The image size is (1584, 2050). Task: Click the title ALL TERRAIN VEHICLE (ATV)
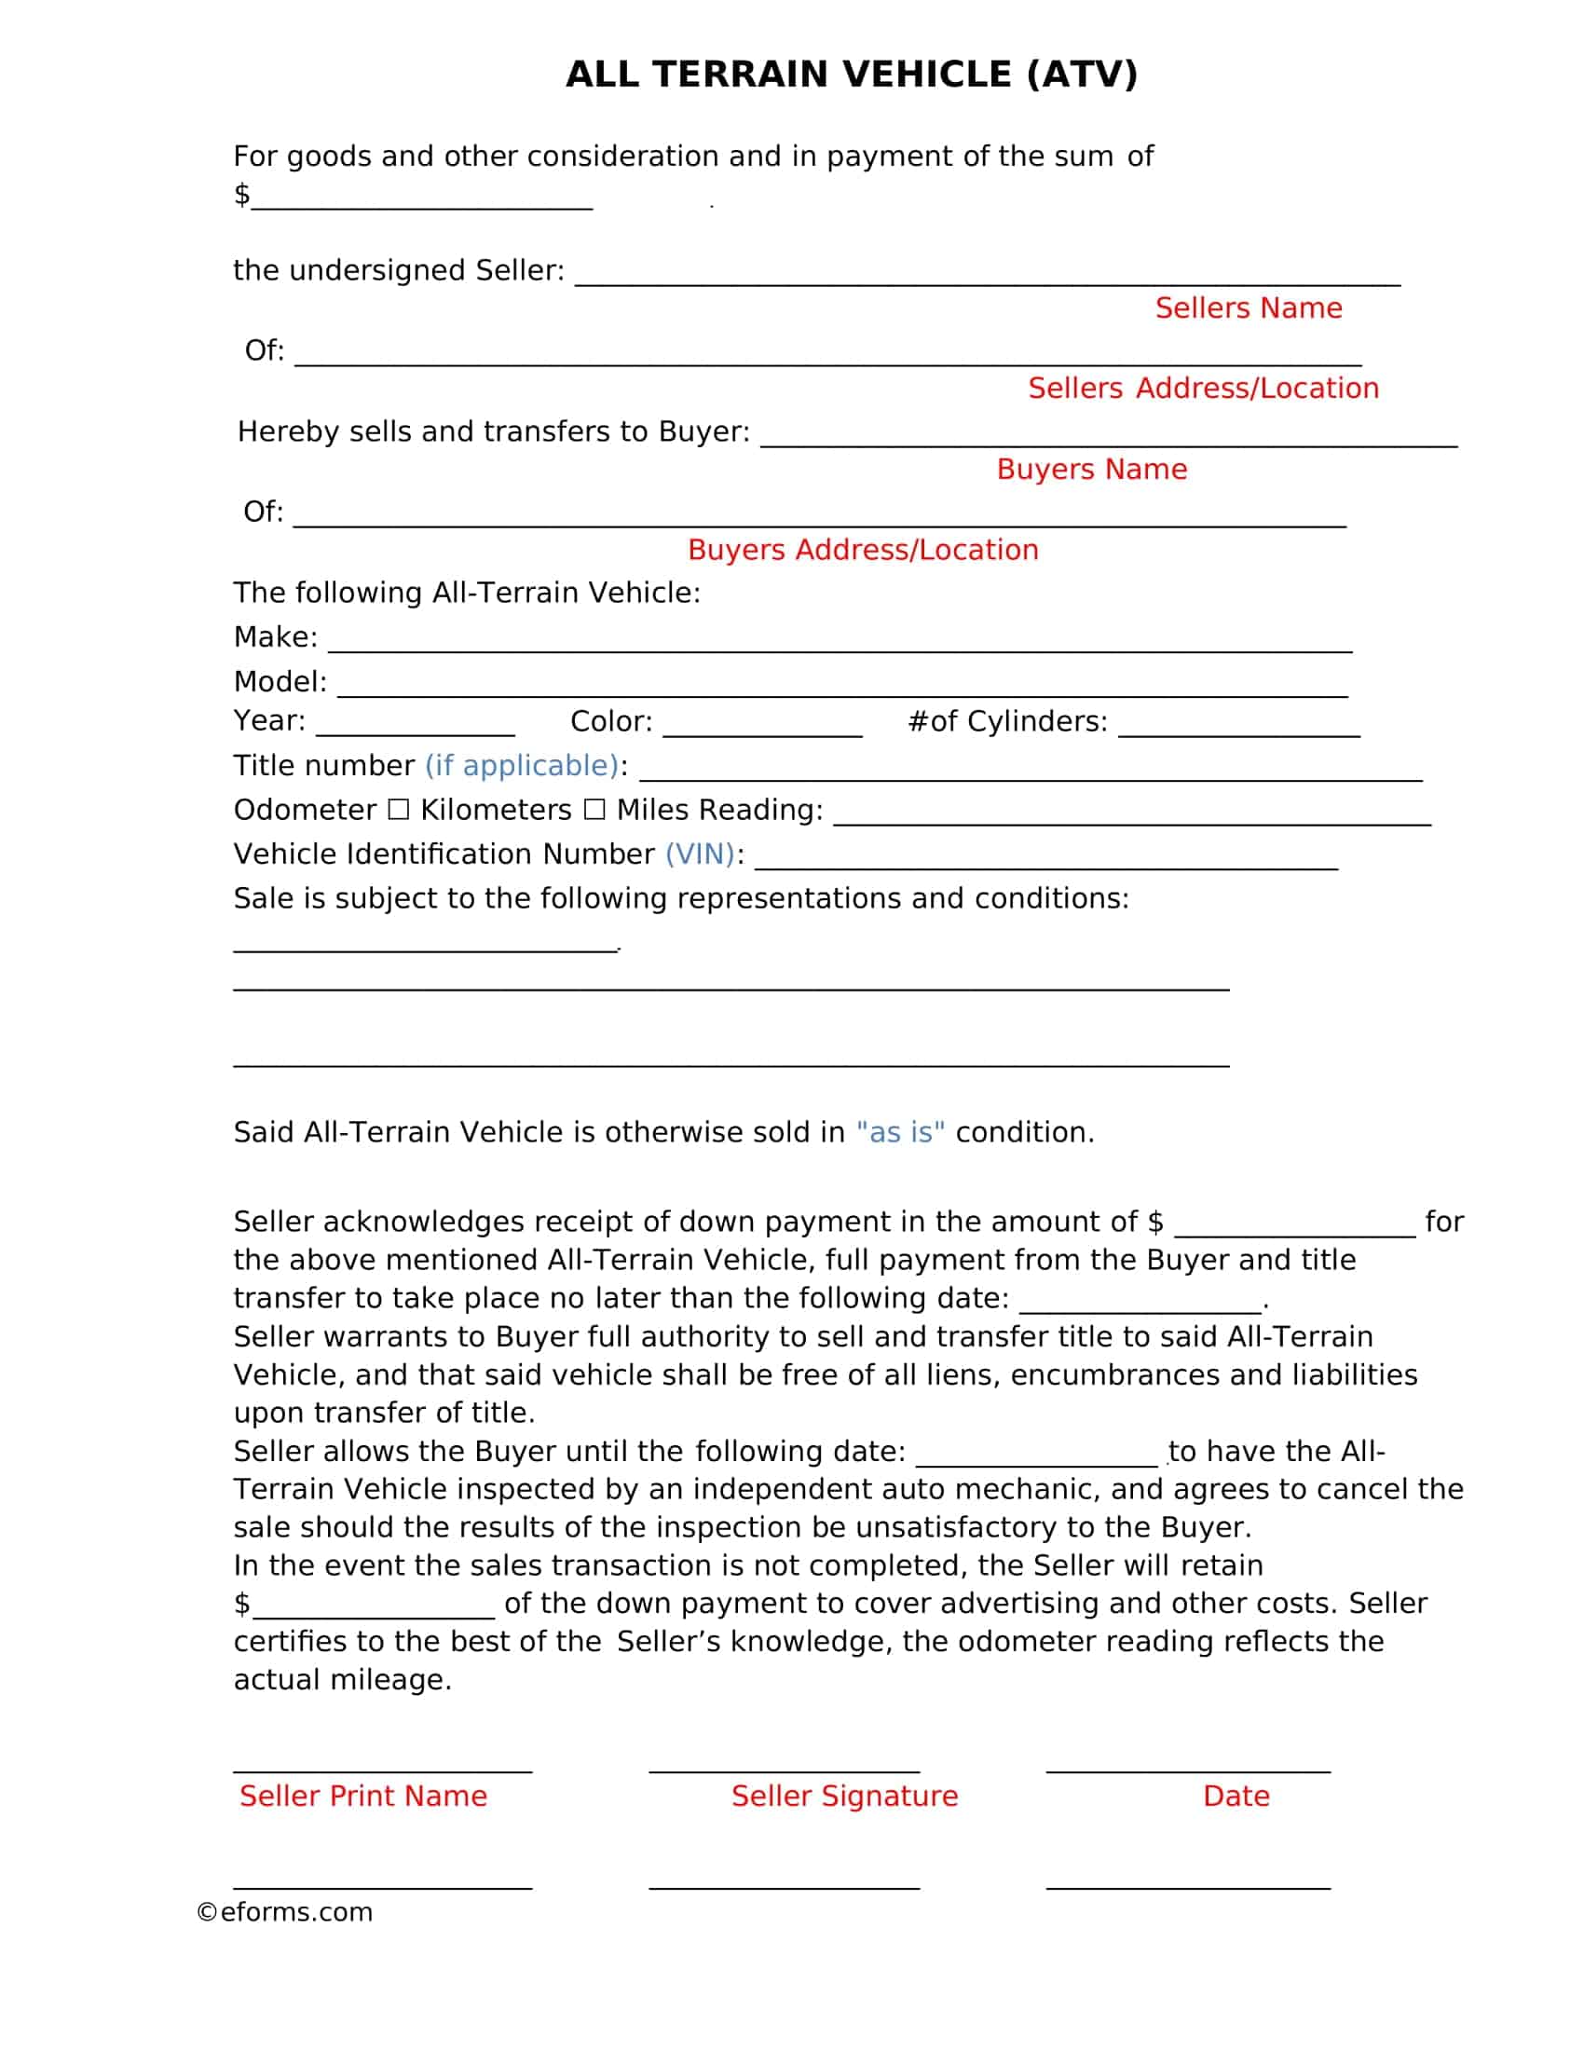click(851, 75)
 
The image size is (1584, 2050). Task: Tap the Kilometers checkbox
click(399, 809)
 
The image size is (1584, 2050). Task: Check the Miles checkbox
click(594, 809)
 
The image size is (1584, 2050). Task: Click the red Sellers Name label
click(1248, 307)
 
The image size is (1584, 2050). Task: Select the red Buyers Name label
click(1091, 470)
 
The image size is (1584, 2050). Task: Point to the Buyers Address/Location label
click(863, 550)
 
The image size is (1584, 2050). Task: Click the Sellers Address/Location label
click(1203, 389)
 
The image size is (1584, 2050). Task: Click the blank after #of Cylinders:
click(1238, 727)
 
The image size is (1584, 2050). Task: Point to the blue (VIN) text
click(700, 854)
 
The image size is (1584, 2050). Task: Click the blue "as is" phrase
click(900, 1133)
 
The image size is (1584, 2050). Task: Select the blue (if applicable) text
click(522, 766)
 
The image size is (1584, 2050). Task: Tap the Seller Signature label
click(844, 1797)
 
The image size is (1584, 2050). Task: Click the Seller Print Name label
click(363, 1797)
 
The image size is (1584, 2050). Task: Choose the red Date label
click(1236, 1797)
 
